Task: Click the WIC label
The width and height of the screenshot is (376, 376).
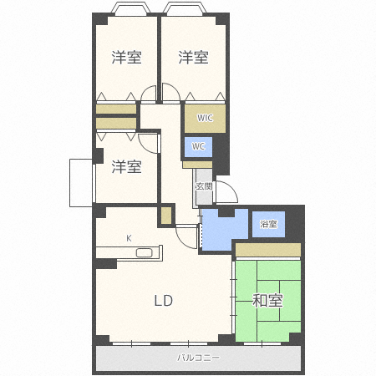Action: pyautogui.click(x=205, y=118)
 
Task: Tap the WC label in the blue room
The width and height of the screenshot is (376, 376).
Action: pyautogui.click(x=198, y=146)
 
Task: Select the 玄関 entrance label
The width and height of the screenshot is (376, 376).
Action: pyautogui.click(x=204, y=186)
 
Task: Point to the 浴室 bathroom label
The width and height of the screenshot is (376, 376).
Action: pyautogui.click(x=268, y=224)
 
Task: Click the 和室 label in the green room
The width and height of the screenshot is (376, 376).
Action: pyautogui.click(x=267, y=301)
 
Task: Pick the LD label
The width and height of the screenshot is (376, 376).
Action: pyautogui.click(x=164, y=301)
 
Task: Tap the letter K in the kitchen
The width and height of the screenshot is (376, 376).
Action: pyautogui.click(x=129, y=238)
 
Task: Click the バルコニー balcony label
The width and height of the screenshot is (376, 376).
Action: pyautogui.click(x=198, y=358)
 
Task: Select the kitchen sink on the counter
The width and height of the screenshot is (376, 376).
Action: pyautogui.click(x=144, y=253)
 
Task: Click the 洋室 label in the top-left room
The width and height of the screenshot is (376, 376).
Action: pyautogui.click(x=126, y=57)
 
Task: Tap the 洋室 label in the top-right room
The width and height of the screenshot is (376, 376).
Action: pyautogui.click(x=193, y=57)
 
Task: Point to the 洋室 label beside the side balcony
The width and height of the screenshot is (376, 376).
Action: pyautogui.click(x=126, y=166)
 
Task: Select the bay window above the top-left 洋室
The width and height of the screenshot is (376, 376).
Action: pyautogui.click(x=130, y=8)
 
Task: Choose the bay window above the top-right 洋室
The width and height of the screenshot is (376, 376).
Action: pyautogui.click(x=185, y=8)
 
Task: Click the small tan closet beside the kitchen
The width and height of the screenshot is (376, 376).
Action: pyautogui.click(x=166, y=216)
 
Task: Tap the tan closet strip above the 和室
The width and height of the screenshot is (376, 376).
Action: pyautogui.click(x=268, y=250)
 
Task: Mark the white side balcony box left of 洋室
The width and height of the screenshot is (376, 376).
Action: pyautogui.click(x=81, y=183)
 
